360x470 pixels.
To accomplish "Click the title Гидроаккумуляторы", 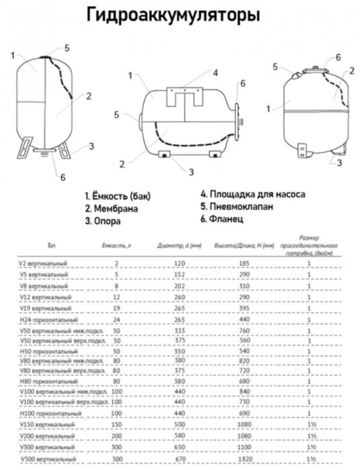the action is tap(172, 15).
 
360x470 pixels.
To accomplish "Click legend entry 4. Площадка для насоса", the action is tap(253, 193).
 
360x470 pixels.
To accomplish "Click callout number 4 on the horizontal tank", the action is tap(215, 73).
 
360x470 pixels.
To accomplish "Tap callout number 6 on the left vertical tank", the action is tap(62, 177).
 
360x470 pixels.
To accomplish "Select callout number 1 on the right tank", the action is tap(269, 108).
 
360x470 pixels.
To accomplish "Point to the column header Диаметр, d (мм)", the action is tap(177, 246).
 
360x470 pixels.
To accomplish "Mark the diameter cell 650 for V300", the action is tap(178, 446).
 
